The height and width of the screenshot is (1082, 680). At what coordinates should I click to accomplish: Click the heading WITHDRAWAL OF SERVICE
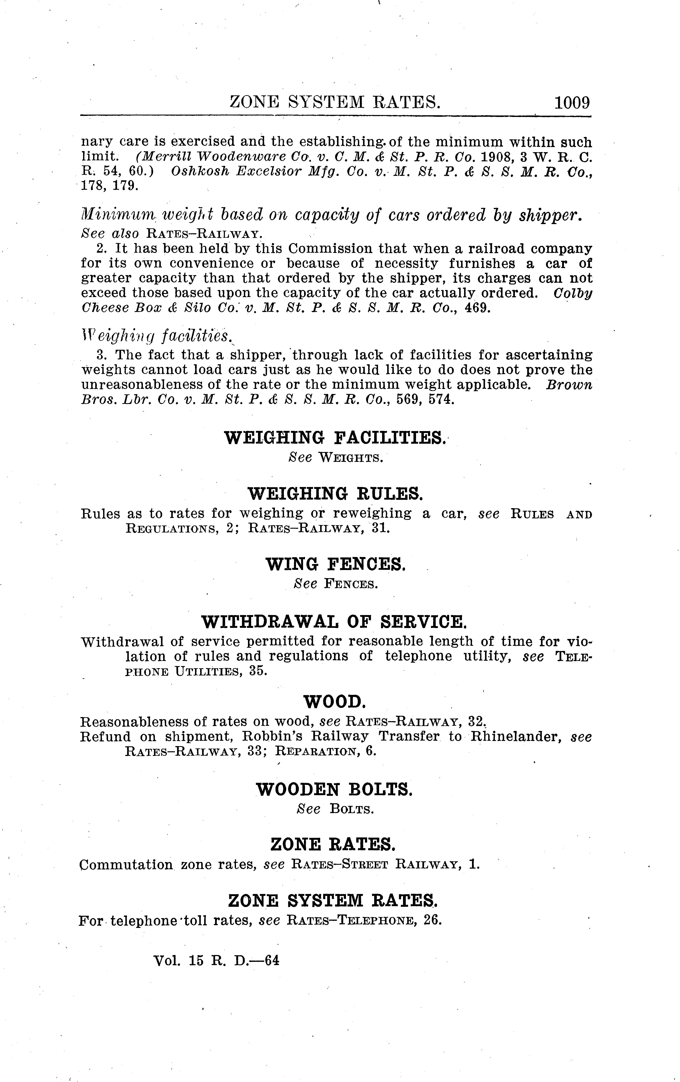[x=335, y=622]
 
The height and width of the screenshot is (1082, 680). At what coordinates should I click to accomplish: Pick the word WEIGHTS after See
[x=351, y=458]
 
